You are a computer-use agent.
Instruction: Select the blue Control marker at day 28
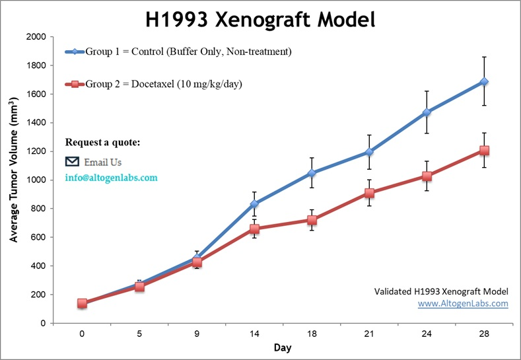pyautogui.click(x=484, y=82)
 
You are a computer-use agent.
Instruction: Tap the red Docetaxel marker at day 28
pyautogui.click(x=484, y=151)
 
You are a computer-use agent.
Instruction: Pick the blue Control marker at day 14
pyautogui.click(x=254, y=204)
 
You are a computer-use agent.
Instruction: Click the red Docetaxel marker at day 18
pyautogui.click(x=312, y=220)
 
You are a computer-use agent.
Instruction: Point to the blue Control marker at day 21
pyautogui.click(x=369, y=153)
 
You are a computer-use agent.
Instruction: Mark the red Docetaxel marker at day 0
pyautogui.click(x=82, y=303)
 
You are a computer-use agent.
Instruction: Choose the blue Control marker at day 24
pyautogui.click(x=427, y=113)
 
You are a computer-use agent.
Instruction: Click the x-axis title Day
pyautogui.click(x=282, y=347)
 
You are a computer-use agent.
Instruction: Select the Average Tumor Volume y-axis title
pyautogui.click(x=14, y=180)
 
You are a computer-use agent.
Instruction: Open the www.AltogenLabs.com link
pyautogui.click(x=463, y=304)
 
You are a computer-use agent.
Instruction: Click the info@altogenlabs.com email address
pyautogui.click(x=111, y=178)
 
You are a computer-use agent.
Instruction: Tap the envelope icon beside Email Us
pyautogui.click(x=73, y=162)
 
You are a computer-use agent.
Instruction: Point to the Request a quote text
pyautogui.click(x=102, y=143)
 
